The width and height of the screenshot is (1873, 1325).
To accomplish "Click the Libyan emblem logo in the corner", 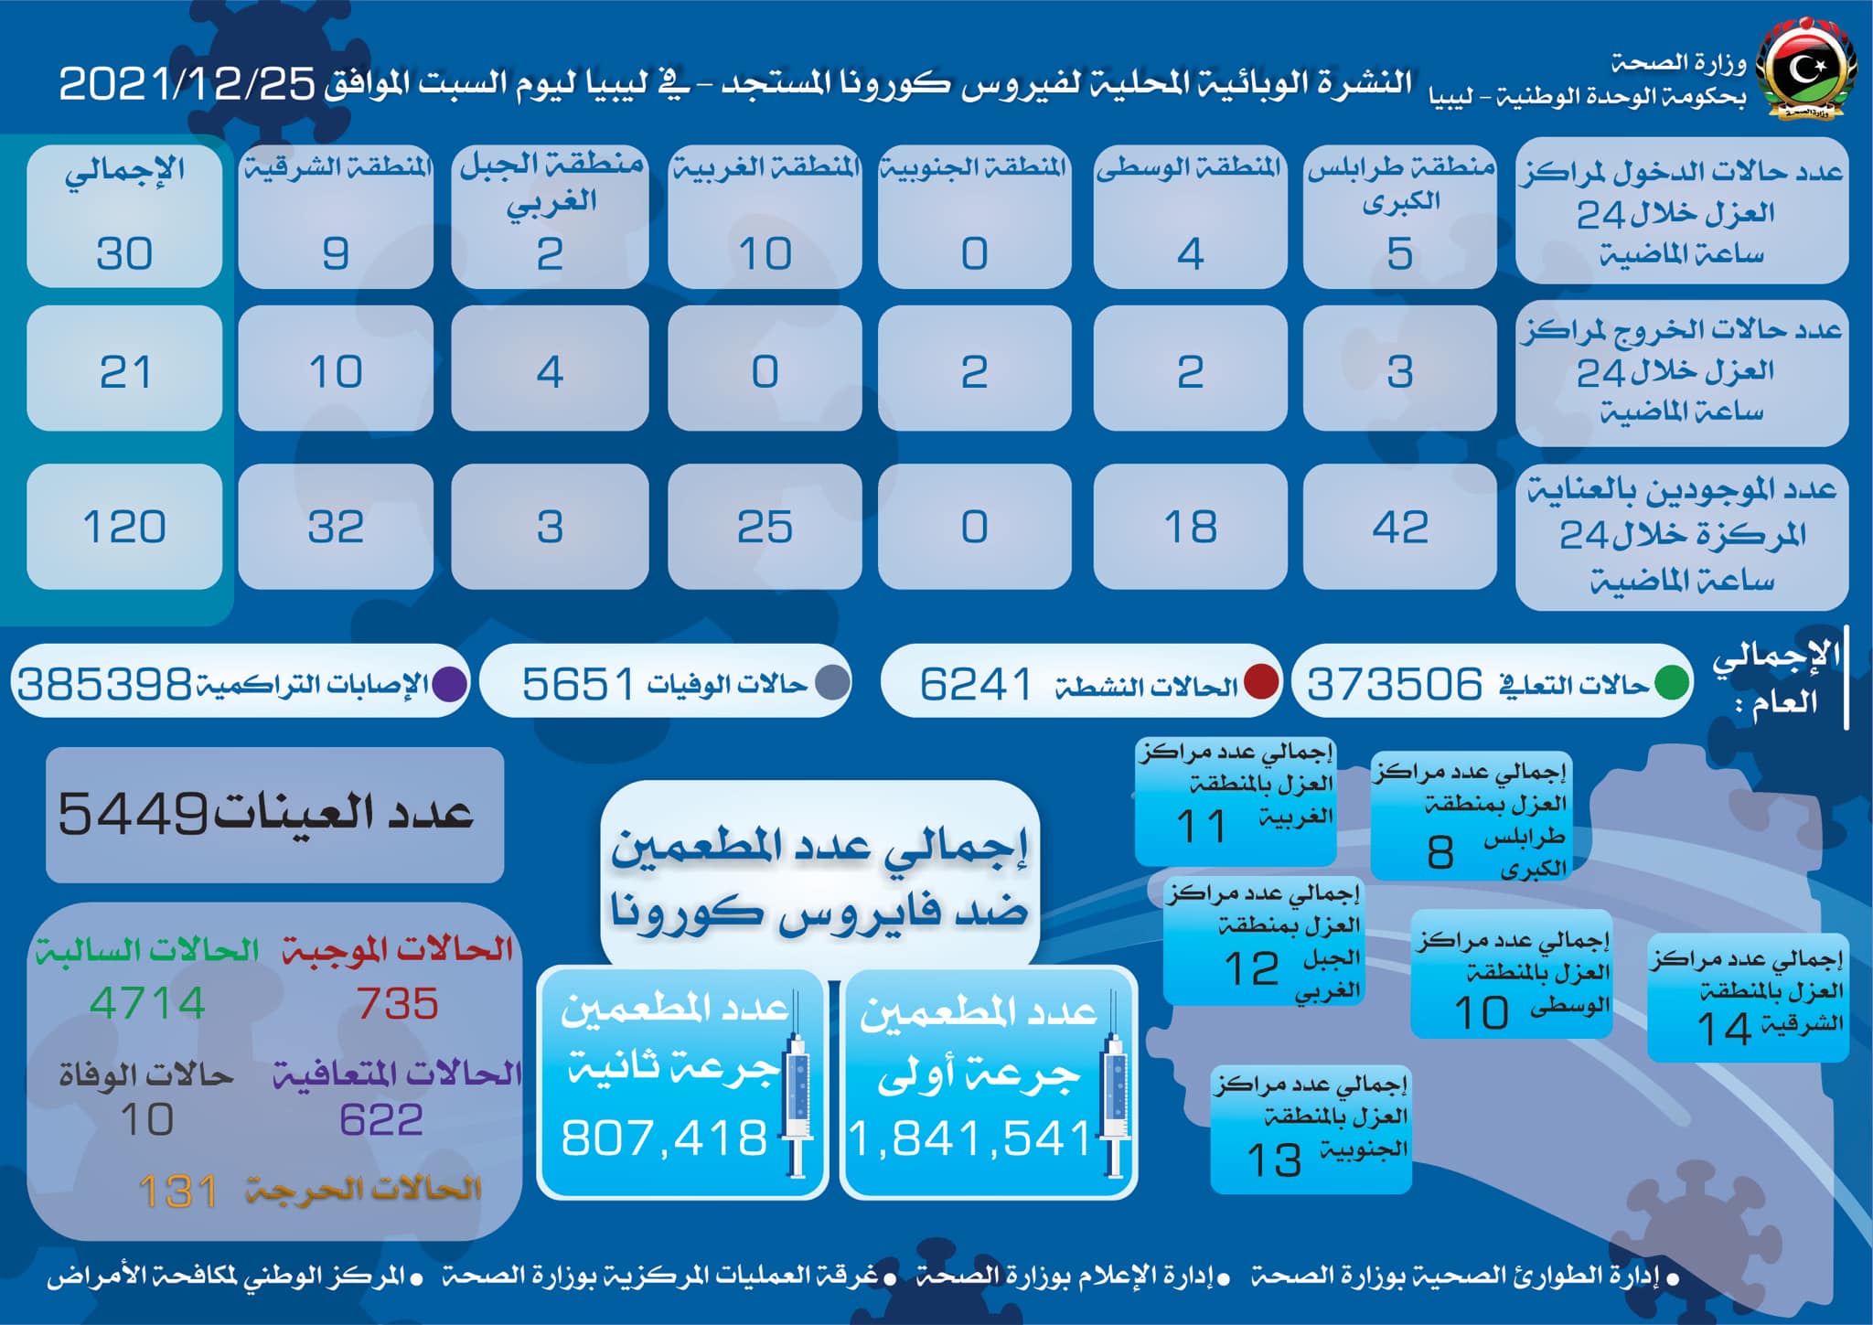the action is coord(1805,74).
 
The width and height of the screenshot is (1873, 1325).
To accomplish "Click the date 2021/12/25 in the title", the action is coord(187,84).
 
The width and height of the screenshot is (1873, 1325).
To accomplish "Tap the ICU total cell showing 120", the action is coord(124,527).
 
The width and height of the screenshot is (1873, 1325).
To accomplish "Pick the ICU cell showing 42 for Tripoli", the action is coord(1400,527).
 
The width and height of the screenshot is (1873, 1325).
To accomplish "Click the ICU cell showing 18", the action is coord(1191,527).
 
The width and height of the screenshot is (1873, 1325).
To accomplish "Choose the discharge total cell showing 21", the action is coord(124,369).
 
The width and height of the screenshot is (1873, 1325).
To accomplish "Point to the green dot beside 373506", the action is coord(1672,684).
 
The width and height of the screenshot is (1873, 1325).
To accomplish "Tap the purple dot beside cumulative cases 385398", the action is coord(449,684).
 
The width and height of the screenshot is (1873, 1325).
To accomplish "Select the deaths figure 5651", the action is coord(577,684).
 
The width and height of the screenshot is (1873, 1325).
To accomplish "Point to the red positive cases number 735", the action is coord(398,1003).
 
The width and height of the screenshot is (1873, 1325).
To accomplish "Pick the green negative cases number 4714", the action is coord(147,1003).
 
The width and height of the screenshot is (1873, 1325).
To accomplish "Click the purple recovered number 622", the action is coord(381,1120).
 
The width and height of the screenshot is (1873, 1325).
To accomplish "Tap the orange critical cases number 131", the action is coord(178,1191).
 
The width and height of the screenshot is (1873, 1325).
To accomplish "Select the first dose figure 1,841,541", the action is coord(971,1139).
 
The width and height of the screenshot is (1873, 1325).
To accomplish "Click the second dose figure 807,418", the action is coord(664,1138).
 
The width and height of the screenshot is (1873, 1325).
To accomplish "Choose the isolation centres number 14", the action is coord(1725,1029).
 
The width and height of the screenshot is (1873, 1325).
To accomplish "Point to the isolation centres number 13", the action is coord(1274,1160).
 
